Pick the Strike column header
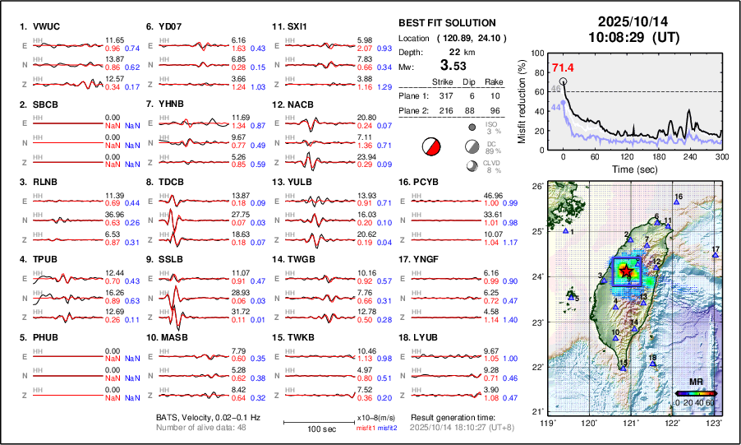(444, 81)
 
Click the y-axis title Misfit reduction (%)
(522, 100)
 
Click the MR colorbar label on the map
(695, 382)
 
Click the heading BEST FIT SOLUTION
(446, 23)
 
